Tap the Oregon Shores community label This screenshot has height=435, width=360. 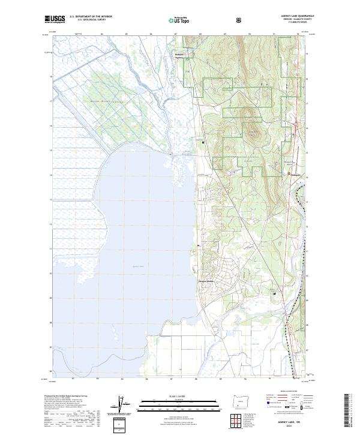tap(207, 281)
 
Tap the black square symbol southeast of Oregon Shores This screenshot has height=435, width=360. tap(275, 293)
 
